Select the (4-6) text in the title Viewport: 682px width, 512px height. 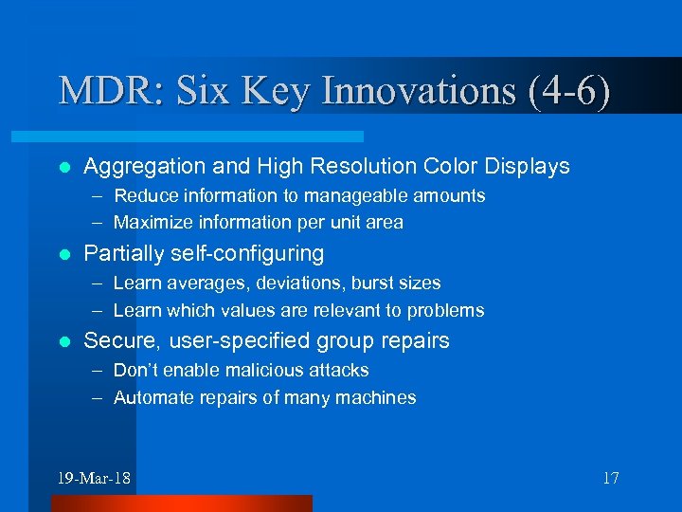coord(563,91)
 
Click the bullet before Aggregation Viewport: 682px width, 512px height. coord(63,167)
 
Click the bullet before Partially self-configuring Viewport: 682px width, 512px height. coord(63,254)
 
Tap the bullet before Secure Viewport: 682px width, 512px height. coord(63,341)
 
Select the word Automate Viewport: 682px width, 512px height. coord(150,397)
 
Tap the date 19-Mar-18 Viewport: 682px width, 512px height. coord(94,478)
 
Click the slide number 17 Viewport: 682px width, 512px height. coord(610,478)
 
